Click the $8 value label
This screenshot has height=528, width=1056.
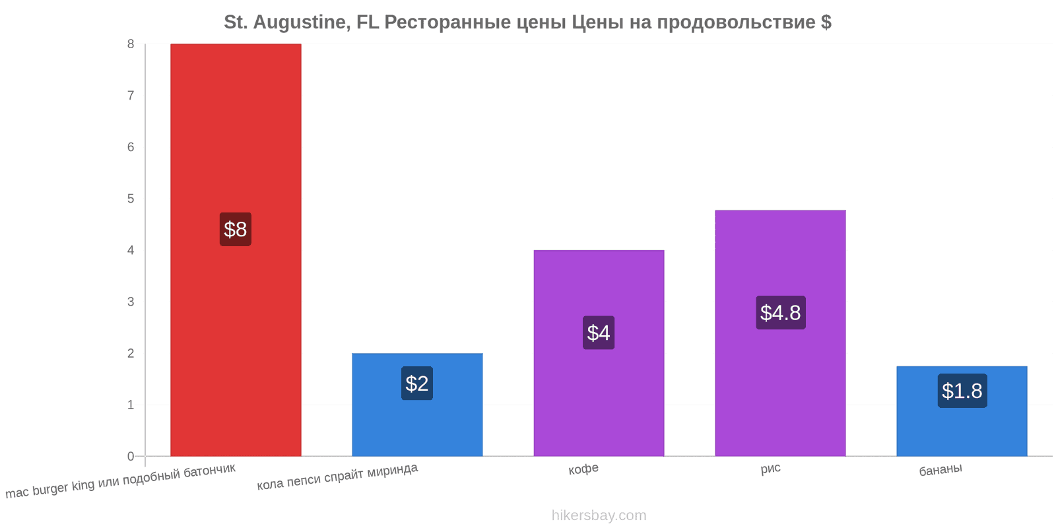pos(236,229)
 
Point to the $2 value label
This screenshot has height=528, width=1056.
pos(417,383)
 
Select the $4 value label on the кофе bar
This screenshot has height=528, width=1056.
pos(599,333)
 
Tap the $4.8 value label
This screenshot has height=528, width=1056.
pos(780,313)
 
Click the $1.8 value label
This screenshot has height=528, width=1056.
pos(962,391)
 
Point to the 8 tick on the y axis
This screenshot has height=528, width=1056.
pos(131,44)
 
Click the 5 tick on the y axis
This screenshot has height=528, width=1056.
pos(131,199)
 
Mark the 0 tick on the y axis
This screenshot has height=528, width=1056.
pos(131,456)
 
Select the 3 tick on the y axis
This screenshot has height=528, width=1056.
pos(131,302)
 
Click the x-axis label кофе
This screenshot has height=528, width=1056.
pos(583,469)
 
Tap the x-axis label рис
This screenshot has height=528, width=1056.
pos(770,469)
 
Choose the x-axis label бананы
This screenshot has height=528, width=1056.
pos(940,470)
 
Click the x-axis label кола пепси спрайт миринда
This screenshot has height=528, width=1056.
pos(337,477)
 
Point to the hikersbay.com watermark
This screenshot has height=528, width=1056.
pos(599,515)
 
